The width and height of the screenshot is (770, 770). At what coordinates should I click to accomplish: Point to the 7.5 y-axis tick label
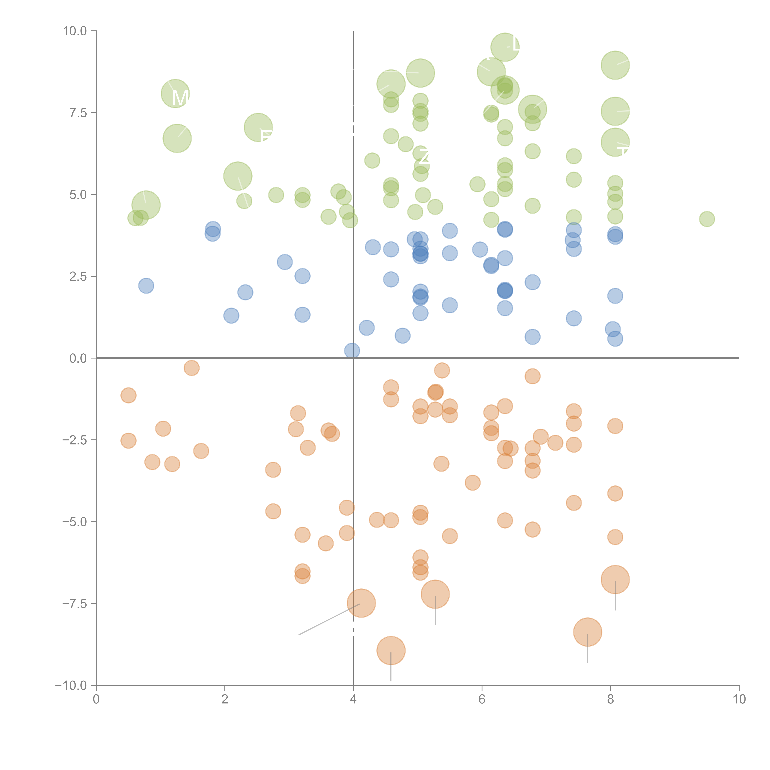pos(78,113)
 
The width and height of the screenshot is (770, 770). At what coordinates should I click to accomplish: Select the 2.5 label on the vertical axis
pos(78,276)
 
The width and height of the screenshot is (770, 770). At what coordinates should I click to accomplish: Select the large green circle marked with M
pos(175,94)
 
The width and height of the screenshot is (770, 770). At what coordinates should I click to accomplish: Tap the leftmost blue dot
pos(146,286)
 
